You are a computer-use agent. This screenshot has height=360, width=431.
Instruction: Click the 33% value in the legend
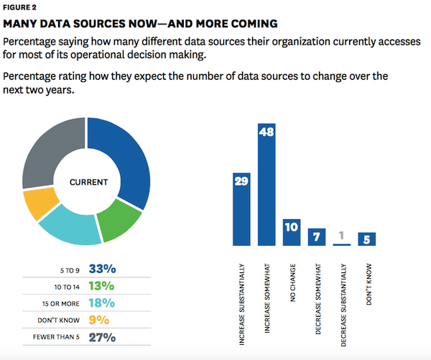tap(102, 269)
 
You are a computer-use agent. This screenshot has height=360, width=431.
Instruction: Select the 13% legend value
tap(102, 286)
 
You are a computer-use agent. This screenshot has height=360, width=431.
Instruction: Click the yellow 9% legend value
tap(100, 320)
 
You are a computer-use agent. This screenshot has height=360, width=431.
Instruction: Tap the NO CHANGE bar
tap(292, 233)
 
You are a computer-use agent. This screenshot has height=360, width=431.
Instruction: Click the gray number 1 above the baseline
tap(342, 235)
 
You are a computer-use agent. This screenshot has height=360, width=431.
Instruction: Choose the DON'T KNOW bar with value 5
tap(367, 239)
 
